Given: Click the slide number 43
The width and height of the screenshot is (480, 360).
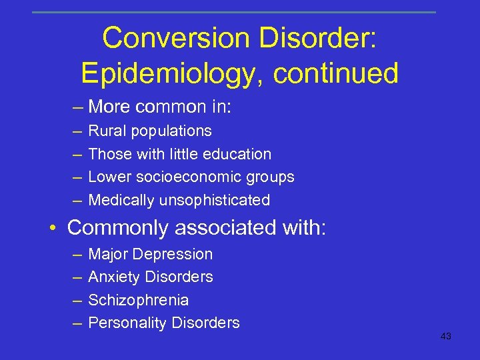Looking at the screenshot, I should pos(446,337).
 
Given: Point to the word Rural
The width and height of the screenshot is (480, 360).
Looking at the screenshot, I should pos(107,131).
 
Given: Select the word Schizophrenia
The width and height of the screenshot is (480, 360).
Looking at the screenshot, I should pos(138,300).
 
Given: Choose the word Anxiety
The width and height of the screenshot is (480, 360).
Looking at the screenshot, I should pos(114,277).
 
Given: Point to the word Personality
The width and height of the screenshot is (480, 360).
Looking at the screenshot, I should pos(127,323).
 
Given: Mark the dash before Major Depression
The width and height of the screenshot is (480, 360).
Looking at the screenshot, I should pos(77,254).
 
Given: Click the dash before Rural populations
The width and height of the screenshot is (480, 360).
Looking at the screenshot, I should pos(77,131).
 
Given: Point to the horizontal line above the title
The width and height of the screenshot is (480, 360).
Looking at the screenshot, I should pos(233,12).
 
